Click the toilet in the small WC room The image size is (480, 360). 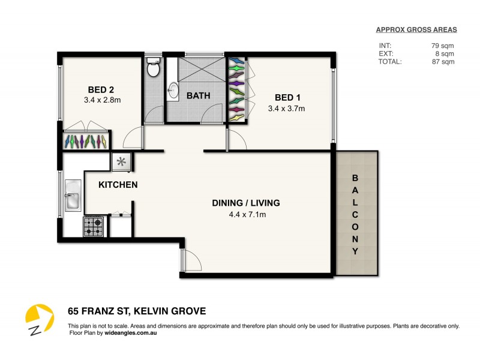154,67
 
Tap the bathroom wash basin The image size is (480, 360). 174,91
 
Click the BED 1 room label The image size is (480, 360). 287,98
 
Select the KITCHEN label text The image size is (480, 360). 118,185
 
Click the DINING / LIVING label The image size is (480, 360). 246,203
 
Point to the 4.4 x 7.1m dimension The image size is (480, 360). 247,214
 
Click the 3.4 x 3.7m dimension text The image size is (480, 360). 287,109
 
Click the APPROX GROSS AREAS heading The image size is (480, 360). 416,29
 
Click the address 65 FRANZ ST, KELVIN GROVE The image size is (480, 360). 136,311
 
